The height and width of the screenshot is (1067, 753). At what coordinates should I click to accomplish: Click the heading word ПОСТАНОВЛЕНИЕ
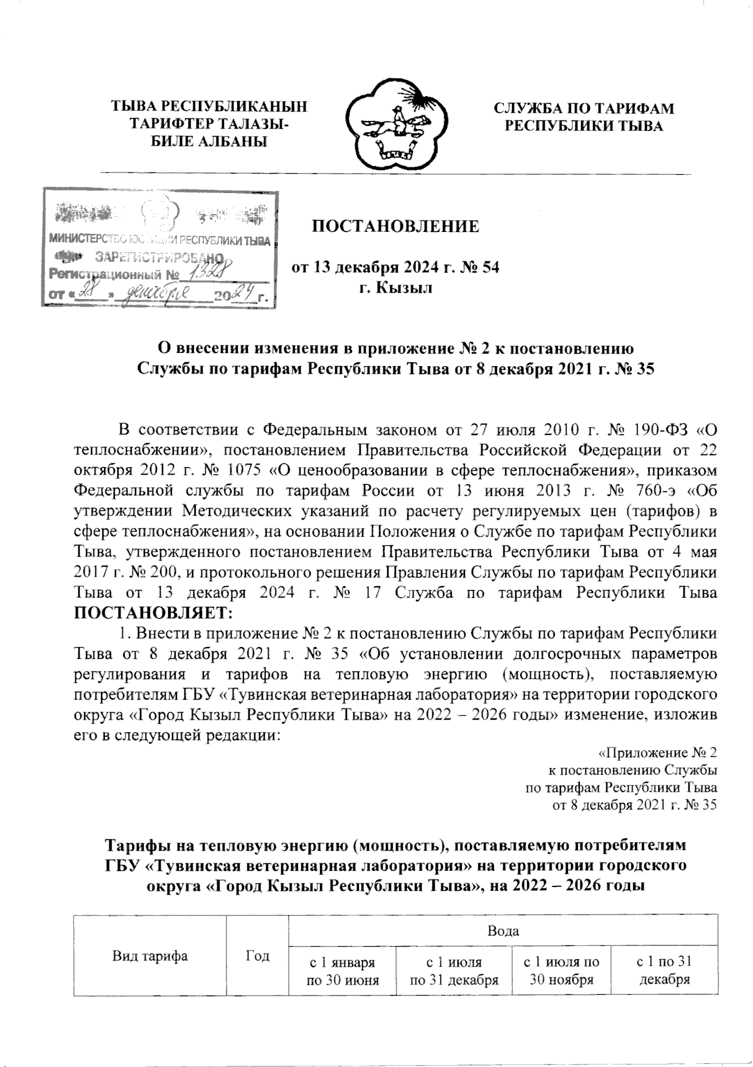coord(396,226)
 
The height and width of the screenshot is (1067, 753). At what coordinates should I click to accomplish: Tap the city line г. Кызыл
coord(395,288)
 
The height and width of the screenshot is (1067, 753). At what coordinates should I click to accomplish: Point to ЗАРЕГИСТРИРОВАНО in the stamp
coord(160,257)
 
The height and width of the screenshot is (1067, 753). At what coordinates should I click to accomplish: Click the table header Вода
coord(503,931)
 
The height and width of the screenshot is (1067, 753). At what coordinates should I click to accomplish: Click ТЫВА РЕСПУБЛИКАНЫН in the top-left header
coord(210,108)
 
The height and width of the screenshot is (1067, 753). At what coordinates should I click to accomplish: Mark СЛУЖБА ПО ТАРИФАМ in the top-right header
coord(584,108)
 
